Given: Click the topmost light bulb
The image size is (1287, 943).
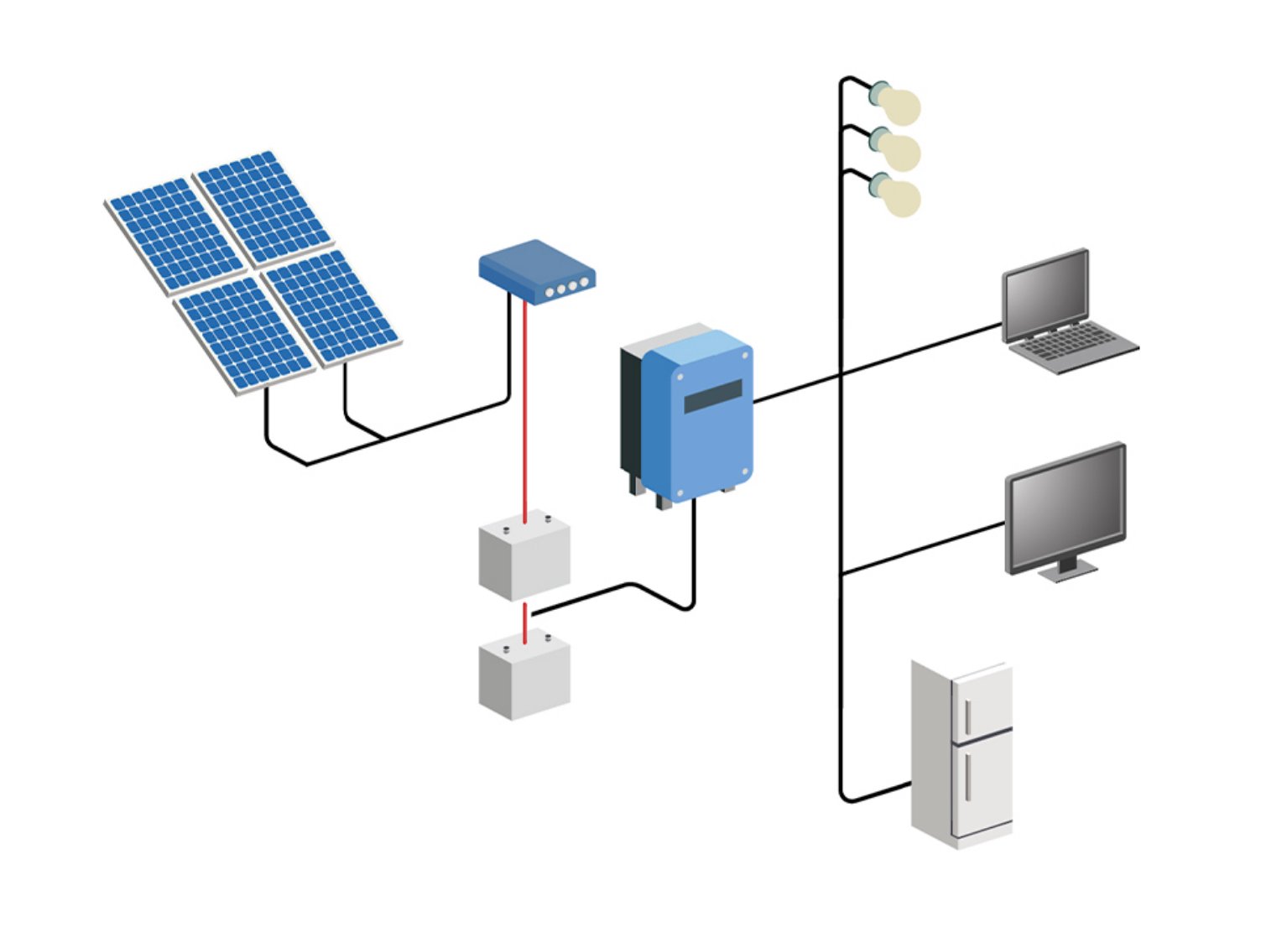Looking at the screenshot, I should coord(899,105).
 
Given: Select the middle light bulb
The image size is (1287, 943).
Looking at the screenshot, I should coord(899,150).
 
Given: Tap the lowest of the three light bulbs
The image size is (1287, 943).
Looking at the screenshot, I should coord(899,195).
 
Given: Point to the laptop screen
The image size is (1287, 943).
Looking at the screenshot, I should coord(1046,294).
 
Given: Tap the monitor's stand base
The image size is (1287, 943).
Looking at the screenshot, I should coord(1066,573).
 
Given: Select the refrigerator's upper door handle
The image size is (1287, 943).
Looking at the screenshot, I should coord(968,716).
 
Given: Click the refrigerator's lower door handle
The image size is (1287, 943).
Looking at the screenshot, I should coord(968,776).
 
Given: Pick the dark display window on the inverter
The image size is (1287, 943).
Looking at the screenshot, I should coord(713,396).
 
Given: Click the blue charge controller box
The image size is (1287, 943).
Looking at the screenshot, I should coord(537,270).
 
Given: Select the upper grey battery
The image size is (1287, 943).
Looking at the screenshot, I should coord(524,557).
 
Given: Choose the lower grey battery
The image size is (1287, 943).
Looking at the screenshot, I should coord(524,676).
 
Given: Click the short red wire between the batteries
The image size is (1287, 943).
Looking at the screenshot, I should coord(525,623).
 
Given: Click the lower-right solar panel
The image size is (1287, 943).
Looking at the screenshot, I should coord(331,306).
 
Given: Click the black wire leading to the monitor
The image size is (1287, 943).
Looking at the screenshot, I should coord(923,549).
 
